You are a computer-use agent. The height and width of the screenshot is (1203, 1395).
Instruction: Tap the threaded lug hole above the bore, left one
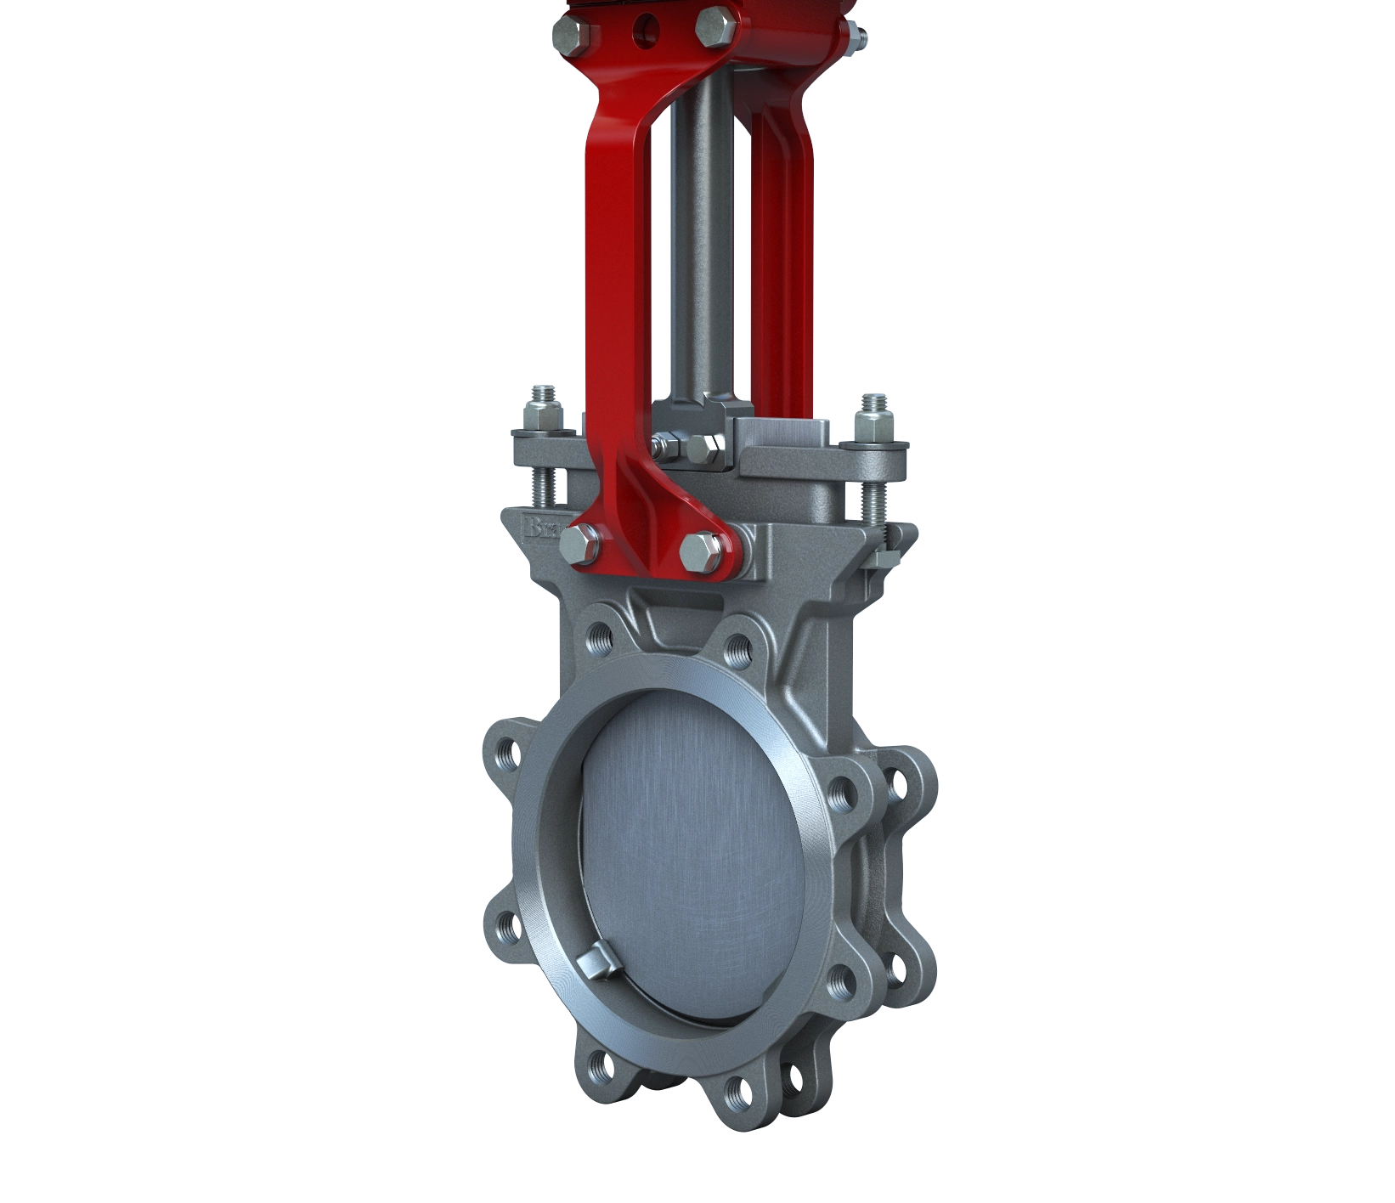(x=601, y=636)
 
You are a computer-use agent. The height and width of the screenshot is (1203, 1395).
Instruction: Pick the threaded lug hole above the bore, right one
(x=735, y=650)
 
